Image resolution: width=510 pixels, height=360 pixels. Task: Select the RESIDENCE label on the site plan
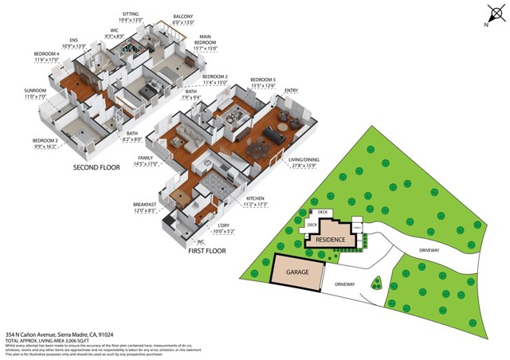point(329,239)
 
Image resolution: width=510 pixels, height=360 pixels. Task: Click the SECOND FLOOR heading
point(97,168)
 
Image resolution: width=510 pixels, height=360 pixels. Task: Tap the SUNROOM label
point(35,92)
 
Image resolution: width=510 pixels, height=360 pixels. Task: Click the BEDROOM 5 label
point(264,80)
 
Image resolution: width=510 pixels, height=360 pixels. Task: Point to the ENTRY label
point(291,91)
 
